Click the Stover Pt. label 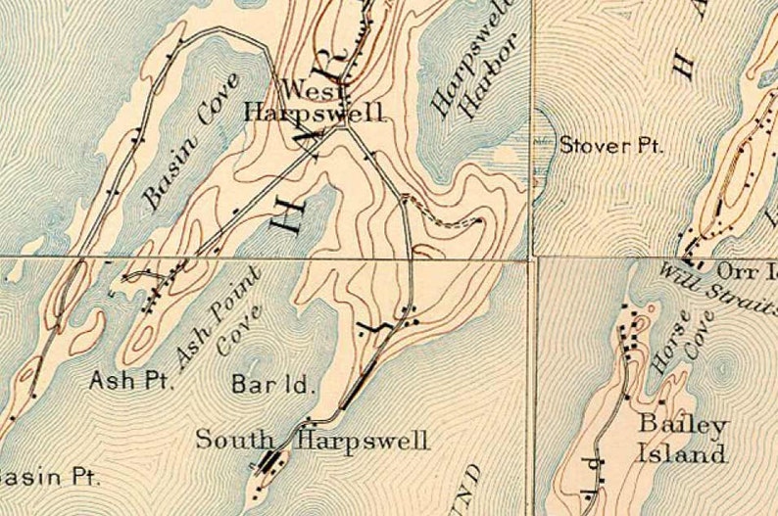point(610,146)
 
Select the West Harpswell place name point(315,102)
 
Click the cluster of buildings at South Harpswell point(267,462)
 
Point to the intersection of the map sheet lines point(533,258)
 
